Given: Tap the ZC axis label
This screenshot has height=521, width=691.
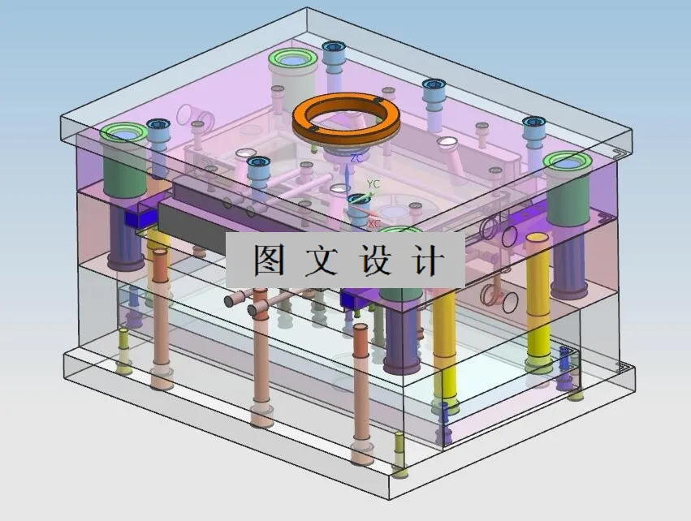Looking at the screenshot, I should [356, 159].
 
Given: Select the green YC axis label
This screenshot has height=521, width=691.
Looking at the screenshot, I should [374, 184].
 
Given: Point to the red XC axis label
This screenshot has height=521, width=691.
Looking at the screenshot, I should [374, 222].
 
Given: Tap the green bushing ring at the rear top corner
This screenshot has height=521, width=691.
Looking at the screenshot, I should [295, 58].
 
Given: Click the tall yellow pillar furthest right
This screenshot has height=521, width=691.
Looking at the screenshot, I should [538, 300].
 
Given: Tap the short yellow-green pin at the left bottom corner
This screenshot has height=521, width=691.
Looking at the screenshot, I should [123, 351].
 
